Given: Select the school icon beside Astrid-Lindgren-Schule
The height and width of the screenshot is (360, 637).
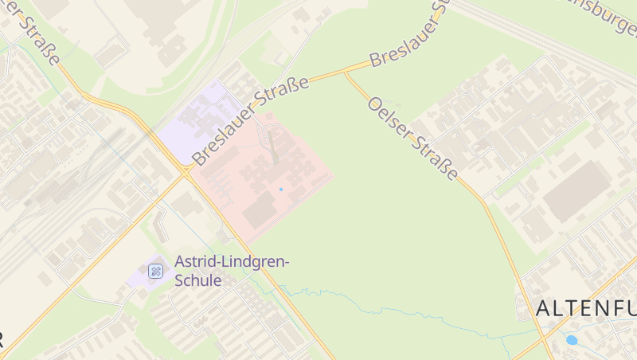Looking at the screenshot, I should pyautogui.click(x=156, y=272).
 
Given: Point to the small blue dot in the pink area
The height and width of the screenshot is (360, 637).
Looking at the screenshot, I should pyautogui.click(x=280, y=189).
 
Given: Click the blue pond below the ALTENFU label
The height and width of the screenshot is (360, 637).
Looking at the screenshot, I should pyautogui.click(x=571, y=340).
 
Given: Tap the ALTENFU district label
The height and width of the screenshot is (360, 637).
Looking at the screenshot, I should pyautogui.click(x=585, y=308).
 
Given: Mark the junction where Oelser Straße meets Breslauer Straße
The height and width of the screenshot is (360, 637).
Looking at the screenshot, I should pyautogui.click(x=346, y=72).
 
